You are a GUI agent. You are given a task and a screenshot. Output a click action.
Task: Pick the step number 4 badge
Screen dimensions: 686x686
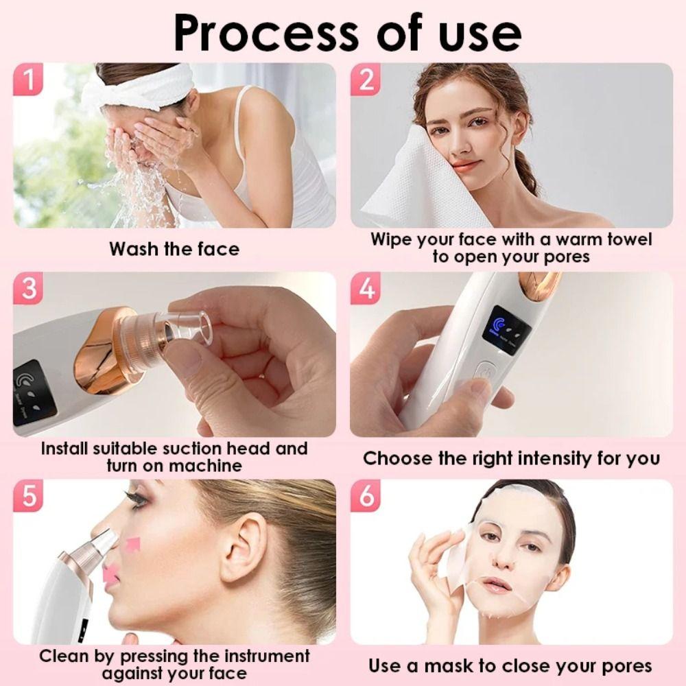(367, 289)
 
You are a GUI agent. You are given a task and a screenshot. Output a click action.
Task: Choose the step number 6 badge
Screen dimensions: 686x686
(367, 495)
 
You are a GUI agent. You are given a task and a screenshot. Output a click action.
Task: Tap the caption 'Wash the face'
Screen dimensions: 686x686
(174, 248)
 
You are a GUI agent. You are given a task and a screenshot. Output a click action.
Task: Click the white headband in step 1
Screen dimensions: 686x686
(137, 88)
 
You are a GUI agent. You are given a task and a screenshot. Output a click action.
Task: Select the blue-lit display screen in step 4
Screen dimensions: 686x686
(506, 329)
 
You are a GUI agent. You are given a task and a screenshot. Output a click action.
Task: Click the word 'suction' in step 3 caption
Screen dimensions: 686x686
(192, 449)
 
